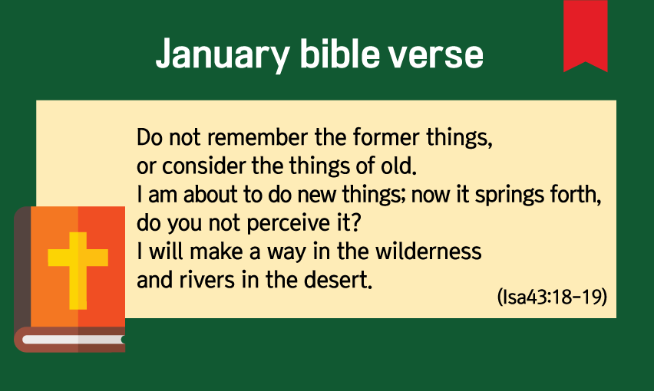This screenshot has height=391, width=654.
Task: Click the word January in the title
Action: point(223,54)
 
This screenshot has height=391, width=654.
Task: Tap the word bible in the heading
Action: point(339,54)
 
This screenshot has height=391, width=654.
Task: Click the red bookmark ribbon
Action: point(585,36)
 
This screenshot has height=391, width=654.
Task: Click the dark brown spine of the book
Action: point(22,267)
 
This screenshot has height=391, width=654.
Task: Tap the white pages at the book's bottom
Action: point(73,340)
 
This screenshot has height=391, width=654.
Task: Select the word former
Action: point(386,137)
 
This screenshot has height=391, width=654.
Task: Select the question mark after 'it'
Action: point(355,223)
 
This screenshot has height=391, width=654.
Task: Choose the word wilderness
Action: point(428,251)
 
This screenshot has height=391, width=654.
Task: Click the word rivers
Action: point(207,280)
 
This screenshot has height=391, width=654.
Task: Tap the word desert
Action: point(338,280)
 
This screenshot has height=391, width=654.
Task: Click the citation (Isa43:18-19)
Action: point(552,297)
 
